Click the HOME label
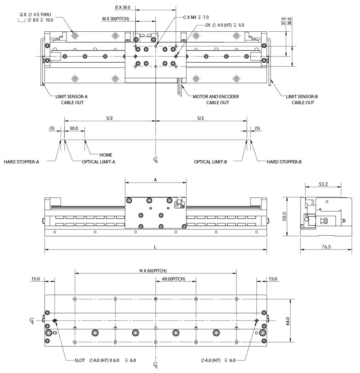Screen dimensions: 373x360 (x=105, y=155)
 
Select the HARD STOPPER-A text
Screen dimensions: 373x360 (x=21, y=162)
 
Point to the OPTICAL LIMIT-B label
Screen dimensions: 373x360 (x=210, y=162)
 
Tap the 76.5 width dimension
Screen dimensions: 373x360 (x=326, y=247)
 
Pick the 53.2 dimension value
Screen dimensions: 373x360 (x=323, y=184)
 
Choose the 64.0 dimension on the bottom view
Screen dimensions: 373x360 (x=288, y=321)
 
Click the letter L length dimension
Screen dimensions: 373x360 (x=155, y=247)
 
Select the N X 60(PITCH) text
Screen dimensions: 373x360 (x=153, y=271)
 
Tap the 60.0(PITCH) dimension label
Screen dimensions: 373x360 (x=174, y=279)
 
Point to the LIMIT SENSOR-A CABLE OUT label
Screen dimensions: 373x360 (x=72, y=99)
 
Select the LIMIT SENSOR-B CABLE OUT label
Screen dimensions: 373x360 (x=302, y=99)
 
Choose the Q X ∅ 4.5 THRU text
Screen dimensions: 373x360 (x=35, y=15)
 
